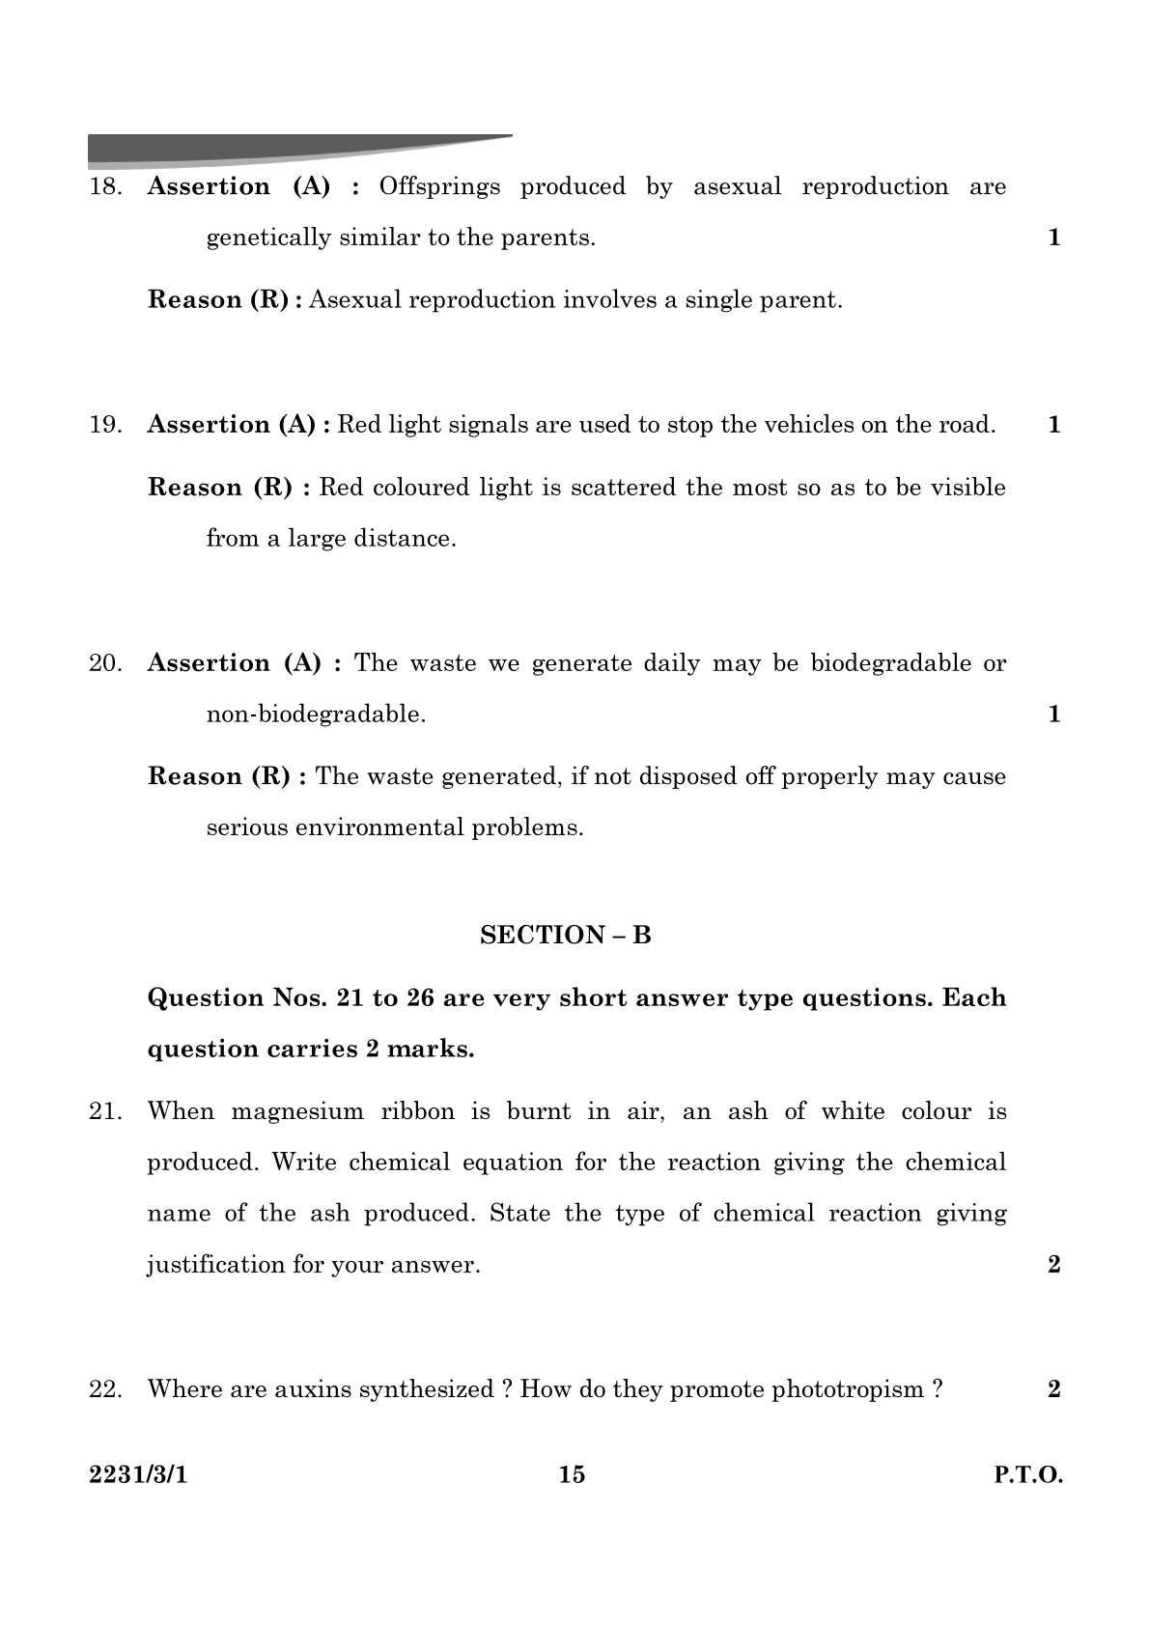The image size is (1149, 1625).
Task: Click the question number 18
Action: tap(105, 187)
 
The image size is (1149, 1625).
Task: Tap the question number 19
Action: tap(105, 425)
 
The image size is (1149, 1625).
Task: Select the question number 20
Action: tap(105, 663)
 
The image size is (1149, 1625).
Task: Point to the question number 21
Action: tap(105, 1111)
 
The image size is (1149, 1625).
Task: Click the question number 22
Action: tap(105, 1389)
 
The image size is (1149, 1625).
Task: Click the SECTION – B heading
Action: tap(566, 935)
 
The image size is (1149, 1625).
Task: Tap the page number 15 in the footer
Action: tap(572, 1474)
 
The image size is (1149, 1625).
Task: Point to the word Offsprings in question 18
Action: tap(439, 186)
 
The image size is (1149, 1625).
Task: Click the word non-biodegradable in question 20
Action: tap(316, 714)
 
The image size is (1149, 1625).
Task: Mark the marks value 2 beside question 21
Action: tap(1054, 1264)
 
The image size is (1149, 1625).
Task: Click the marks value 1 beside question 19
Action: tap(1054, 425)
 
